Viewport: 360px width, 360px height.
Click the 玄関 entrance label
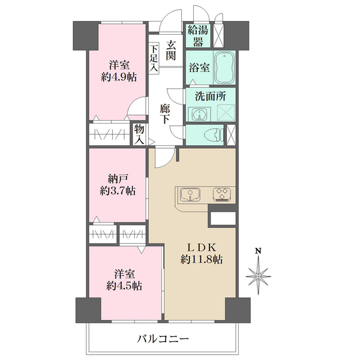[x=171, y=50]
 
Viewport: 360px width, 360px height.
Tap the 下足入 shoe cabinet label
[x=154, y=58]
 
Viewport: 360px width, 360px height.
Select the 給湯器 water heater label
[x=198, y=35]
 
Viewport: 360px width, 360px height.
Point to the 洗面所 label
[x=210, y=96]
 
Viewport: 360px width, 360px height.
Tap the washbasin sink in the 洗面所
[x=199, y=113]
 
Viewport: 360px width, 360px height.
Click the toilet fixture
[x=214, y=136]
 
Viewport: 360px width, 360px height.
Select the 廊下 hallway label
[x=165, y=113]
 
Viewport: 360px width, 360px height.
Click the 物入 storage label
[x=139, y=134]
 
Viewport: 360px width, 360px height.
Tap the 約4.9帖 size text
[x=119, y=77]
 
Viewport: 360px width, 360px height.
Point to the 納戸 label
[x=118, y=179]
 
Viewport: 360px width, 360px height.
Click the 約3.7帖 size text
[x=118, y=191]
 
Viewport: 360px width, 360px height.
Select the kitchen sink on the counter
[x=190, y=194]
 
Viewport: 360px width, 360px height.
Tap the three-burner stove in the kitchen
[x=222, y=194]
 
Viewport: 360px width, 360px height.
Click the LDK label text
[x=202, y=248]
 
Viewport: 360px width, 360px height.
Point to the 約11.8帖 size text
[x=202, y=260]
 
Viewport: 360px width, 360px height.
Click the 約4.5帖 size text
[x=124, y=286]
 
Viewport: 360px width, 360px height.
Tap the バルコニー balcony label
[x=163, y=338]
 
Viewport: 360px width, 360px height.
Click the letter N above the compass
[x=259, y=251]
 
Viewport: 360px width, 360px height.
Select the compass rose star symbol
[x=259, y=276]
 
